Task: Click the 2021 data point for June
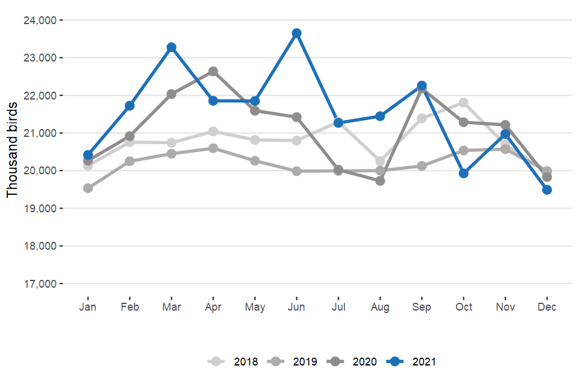tap(296, 33)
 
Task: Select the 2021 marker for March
tap(171, 47)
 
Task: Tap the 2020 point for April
tap(213, 72)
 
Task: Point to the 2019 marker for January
tap(88, 188)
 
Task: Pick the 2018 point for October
tap(463, 103)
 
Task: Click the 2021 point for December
tap(547, 189)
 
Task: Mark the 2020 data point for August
tap(380, 180)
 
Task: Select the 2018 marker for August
tap(380, 161)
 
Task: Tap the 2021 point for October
tap(463, 173)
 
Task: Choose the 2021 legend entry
tap(414, 362)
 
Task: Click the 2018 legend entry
tap(235, 362)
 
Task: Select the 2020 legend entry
tap(355, 362)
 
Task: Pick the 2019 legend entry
tap(295, 362)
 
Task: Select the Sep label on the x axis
tap(422, 307)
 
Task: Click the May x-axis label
tap(255, 307)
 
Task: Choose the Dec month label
tap(547, 307)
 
